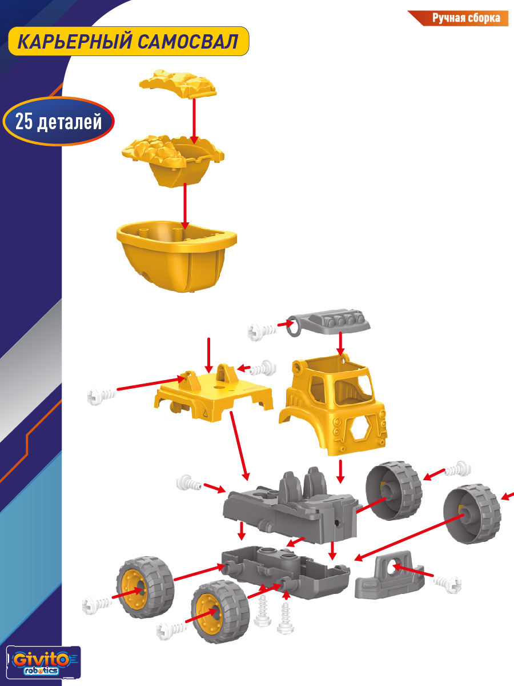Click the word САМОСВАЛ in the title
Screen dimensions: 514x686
[188, 42]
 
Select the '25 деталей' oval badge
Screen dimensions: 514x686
[59, 121]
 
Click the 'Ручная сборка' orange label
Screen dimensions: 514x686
[465, 18]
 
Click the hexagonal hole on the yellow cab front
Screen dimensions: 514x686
[360, 429]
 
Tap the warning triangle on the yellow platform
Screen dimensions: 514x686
[205, 413]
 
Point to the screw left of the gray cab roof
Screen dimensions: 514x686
[263, 330]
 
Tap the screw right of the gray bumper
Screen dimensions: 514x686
[448, 584]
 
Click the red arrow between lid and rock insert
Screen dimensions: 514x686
[194, 121]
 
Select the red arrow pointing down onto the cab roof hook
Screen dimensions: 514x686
[340, 344]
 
